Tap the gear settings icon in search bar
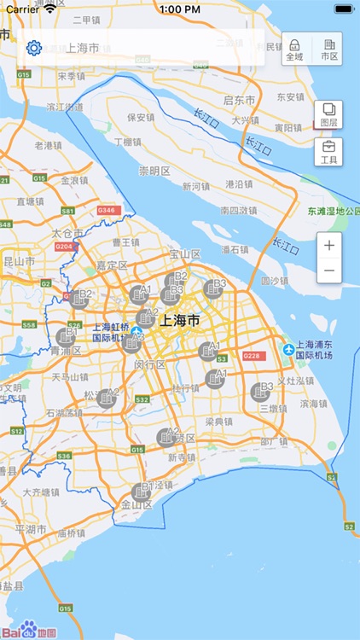pos(34,48)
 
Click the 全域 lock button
pos(294,49)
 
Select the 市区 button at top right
pos(328,49)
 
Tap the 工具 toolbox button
pos(328,152)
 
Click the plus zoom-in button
pos(329,245)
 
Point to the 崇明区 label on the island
pos(154,171)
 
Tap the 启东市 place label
pos(239,100)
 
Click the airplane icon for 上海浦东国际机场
pos(289,349)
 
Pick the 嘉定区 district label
pos(112,265)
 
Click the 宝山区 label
pos(184,254)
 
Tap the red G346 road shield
pos(107,210)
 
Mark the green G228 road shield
pos(252,356)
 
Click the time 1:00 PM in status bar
pos(179,9)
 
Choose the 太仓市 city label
pos(67,232)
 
